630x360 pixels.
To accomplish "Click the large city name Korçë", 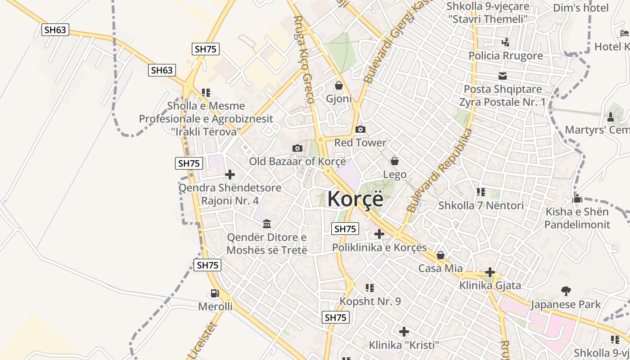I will pos(355,199).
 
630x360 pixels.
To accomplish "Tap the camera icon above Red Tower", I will pos(360,130).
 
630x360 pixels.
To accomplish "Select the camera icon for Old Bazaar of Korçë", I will pos(297,148).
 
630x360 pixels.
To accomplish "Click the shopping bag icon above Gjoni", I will pos(339,85).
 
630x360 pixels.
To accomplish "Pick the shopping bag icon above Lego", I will pos(395,161).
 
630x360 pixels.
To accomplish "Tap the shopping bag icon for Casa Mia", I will pos(441,255).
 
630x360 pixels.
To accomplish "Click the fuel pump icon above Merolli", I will pos(215,293).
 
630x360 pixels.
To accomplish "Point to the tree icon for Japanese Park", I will pos(566,291).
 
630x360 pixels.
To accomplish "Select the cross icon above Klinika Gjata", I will pos(490,272).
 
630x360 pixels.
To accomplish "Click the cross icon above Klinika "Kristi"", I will pos(404,332).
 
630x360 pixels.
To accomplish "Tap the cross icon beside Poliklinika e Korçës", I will pos(379,234).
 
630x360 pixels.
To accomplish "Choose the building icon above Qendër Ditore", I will pos(267,224).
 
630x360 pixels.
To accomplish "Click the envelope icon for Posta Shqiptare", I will pos(502,76).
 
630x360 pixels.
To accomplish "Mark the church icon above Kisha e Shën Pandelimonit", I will pos(577,198).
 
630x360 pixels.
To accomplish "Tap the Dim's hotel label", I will pos(581,8).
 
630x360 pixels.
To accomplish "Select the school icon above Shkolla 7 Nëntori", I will pos(481,192).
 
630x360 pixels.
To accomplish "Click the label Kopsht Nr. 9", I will pos(370,301).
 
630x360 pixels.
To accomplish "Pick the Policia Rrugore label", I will pos(506,56).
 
